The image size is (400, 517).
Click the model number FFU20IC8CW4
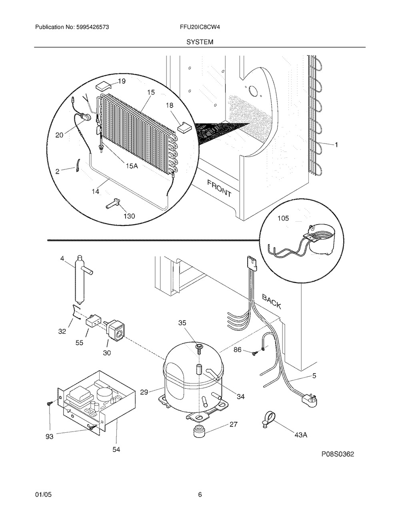(x=200, y=27)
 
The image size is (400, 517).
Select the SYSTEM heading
(x=200, y=42)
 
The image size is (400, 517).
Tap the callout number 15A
(x=132, y=166)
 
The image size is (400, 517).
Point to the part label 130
(x=129, y=216)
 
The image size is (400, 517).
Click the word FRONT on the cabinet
(x=219, y=189)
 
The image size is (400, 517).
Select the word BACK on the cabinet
(x=272, y=301)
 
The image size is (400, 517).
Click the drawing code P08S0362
(x=338, y=454)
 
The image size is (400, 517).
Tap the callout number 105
(x=283, y=218)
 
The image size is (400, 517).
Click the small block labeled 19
(x=103, y=86)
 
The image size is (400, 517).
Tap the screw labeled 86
(x=254, y=354)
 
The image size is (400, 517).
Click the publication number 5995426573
(x=93, y=27)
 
